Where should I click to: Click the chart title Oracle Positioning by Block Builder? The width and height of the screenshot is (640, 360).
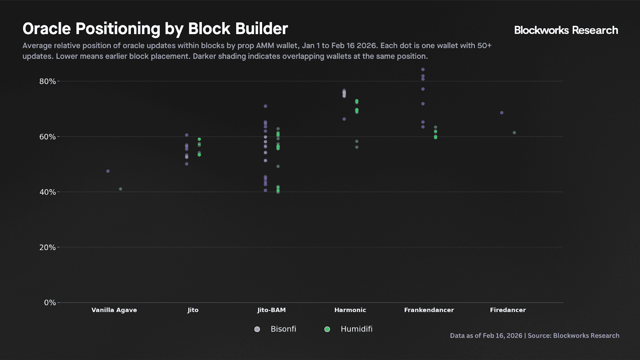coord(155,29)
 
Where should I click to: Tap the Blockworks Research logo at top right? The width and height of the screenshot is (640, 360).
coord(566,30)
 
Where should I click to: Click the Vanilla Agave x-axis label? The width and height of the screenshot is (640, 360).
coord(114,310)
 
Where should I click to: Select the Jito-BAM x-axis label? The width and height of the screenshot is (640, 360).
coord(272,310)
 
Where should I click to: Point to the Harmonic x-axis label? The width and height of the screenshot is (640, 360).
coord(350,310)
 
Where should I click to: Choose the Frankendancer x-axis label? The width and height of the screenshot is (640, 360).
coord(429,310)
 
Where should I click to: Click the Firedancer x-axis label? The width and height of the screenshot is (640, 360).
coord(508,310)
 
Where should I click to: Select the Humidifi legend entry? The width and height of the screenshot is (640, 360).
coord(348,329)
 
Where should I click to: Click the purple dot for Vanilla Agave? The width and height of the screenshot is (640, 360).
coord(108,171)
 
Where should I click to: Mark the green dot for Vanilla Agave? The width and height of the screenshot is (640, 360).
coord(120,189)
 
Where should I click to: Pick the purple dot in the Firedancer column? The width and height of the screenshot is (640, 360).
coord(502,113)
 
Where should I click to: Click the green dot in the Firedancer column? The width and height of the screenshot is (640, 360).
coord(514,133)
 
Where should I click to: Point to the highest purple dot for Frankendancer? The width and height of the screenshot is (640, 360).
coord(423,70)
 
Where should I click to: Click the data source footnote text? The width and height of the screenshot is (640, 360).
coord(535,336)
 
